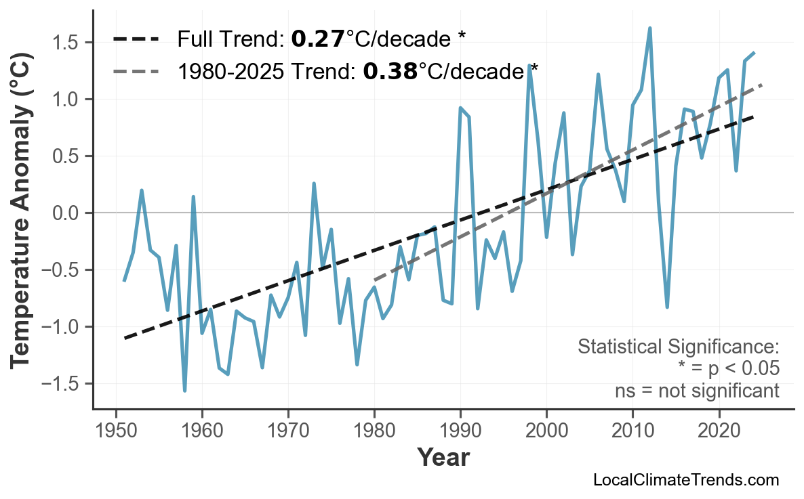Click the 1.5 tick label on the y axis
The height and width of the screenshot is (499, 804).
pyautogui.click(x=68, y=43)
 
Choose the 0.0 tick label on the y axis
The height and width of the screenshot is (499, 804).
pyautogui.click(x=68, y=213)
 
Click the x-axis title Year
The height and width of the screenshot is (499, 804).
pyautogui.click(x=443, y=458)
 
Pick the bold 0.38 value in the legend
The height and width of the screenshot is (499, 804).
pyautogui.click(x=390, y=70)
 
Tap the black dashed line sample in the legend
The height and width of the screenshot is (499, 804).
pyautogui.click(x=136, y=39)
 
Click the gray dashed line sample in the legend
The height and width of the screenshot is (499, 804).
pyautogui.click(x=136, y=70)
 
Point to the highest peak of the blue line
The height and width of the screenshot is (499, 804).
pyautogui.click(x=649, y=28)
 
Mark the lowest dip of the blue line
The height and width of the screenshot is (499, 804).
pyautogui.click(x=184, y=391)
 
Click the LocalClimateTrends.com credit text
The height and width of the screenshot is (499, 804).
pyautogui.click(x=685, y=480)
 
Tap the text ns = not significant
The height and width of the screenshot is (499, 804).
pyautogui.click(x=696, y=391)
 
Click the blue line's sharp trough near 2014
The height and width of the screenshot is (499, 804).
pyautogui.click(x=667, y=307)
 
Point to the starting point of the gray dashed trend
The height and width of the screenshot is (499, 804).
pyautogui.click(x=374, y=279)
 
